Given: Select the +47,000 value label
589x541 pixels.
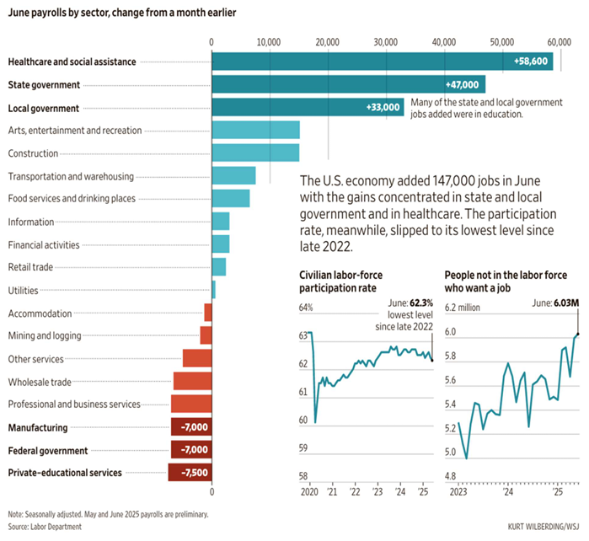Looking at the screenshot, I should pos(465,85).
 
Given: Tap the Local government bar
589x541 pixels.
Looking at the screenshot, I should pos(308,108).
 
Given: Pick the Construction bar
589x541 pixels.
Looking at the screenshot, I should pos(255,153).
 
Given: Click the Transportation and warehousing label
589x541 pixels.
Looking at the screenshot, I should pos(70,176).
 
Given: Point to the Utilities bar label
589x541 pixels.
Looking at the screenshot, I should pos(24,291).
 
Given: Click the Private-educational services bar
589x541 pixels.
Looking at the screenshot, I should pos(190,473).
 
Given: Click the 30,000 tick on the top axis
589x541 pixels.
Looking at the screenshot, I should pos(385,41).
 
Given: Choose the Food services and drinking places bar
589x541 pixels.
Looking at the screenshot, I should pos(231,198).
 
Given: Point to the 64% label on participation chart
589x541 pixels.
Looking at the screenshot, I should pos(306,307).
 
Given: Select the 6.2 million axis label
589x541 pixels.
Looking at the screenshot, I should pos(463,308).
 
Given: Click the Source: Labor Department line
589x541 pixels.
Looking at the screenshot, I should pos(46,527).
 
